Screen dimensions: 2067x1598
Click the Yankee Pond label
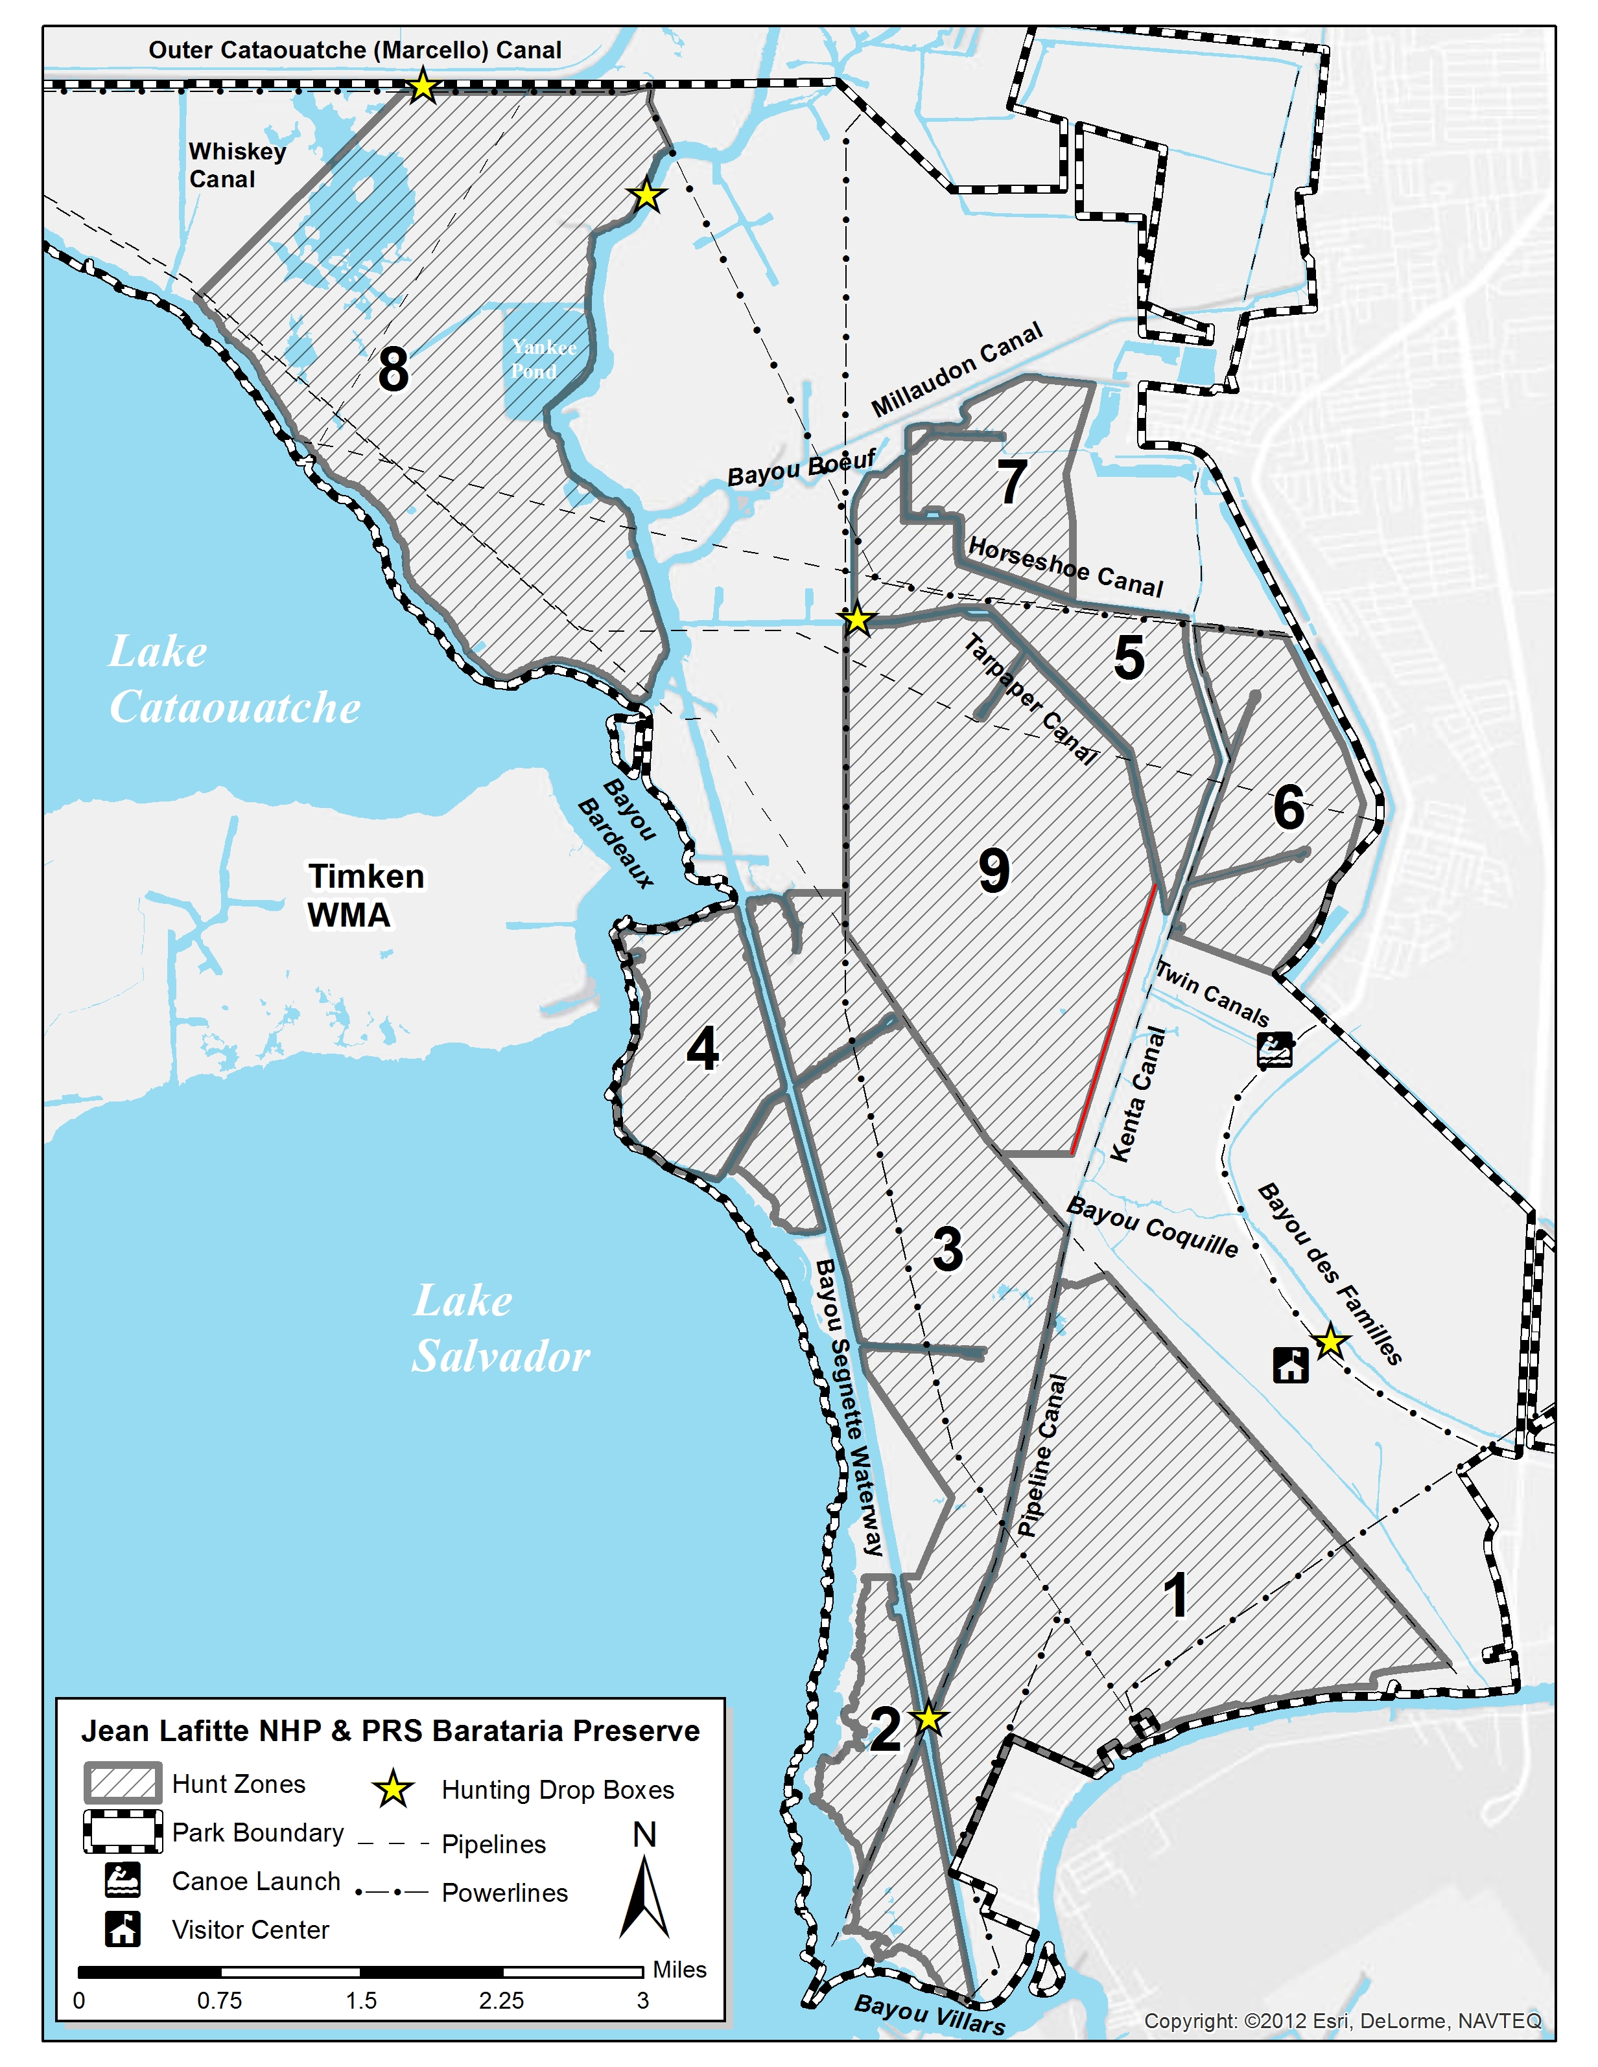(543, 359)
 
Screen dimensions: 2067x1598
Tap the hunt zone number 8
(393, 369)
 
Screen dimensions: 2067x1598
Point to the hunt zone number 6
(1288, 807)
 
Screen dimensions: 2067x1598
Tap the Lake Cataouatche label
(234, 680)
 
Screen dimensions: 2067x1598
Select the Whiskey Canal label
(237, 166)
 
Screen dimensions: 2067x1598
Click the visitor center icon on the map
(1290, 1365)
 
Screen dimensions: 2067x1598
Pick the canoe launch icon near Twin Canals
(1275, 1050)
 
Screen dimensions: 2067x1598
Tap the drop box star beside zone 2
(928, 1718)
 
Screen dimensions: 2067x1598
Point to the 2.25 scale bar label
(501, 2000)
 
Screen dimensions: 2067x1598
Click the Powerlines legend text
(504, 1892)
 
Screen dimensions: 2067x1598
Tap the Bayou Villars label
(929, 2014)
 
